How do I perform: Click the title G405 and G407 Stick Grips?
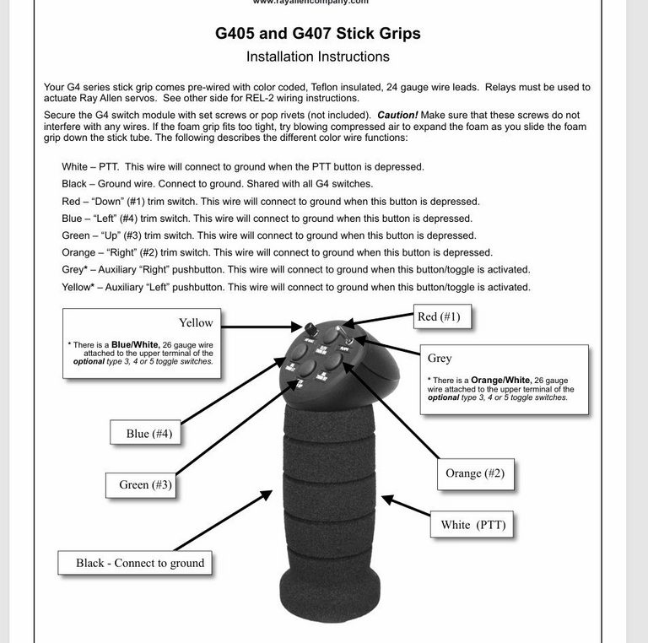point(317,34)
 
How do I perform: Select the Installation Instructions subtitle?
point(317,57)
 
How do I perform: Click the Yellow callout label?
point(196,322)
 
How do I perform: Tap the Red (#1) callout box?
point(439,317)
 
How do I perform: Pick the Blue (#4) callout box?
point(148,434)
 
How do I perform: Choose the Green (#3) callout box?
point(145,485)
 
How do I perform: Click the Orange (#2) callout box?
point(474,473)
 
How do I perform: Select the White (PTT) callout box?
point(472,525)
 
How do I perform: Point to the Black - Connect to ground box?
point(140,563)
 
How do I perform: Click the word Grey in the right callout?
point(440,359)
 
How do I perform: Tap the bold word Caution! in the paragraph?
point(403,115)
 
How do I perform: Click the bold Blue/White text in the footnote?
point(138,345)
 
